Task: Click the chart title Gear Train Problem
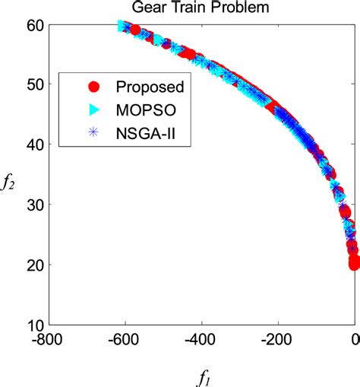(203, 9)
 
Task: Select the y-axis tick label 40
(33, 144)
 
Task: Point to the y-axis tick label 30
(33, 204)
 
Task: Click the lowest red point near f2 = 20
(355, 264)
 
